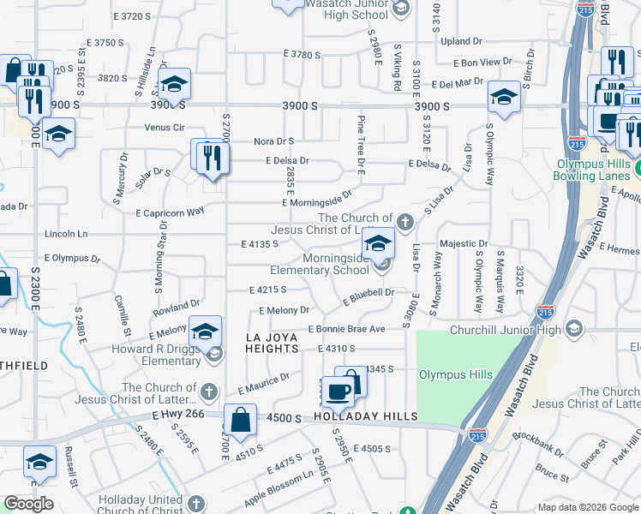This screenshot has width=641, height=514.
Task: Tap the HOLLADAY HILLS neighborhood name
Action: pos(364,416)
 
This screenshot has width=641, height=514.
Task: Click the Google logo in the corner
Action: pos(28,504)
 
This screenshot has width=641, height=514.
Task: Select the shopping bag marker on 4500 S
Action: pos(241,421)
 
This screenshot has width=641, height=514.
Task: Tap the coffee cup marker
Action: pos(338,392)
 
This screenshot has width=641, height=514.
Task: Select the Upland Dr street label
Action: pos(461,41)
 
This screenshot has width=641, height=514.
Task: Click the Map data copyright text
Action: pos(587,507)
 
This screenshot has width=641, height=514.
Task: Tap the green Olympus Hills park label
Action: pos(455,374)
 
